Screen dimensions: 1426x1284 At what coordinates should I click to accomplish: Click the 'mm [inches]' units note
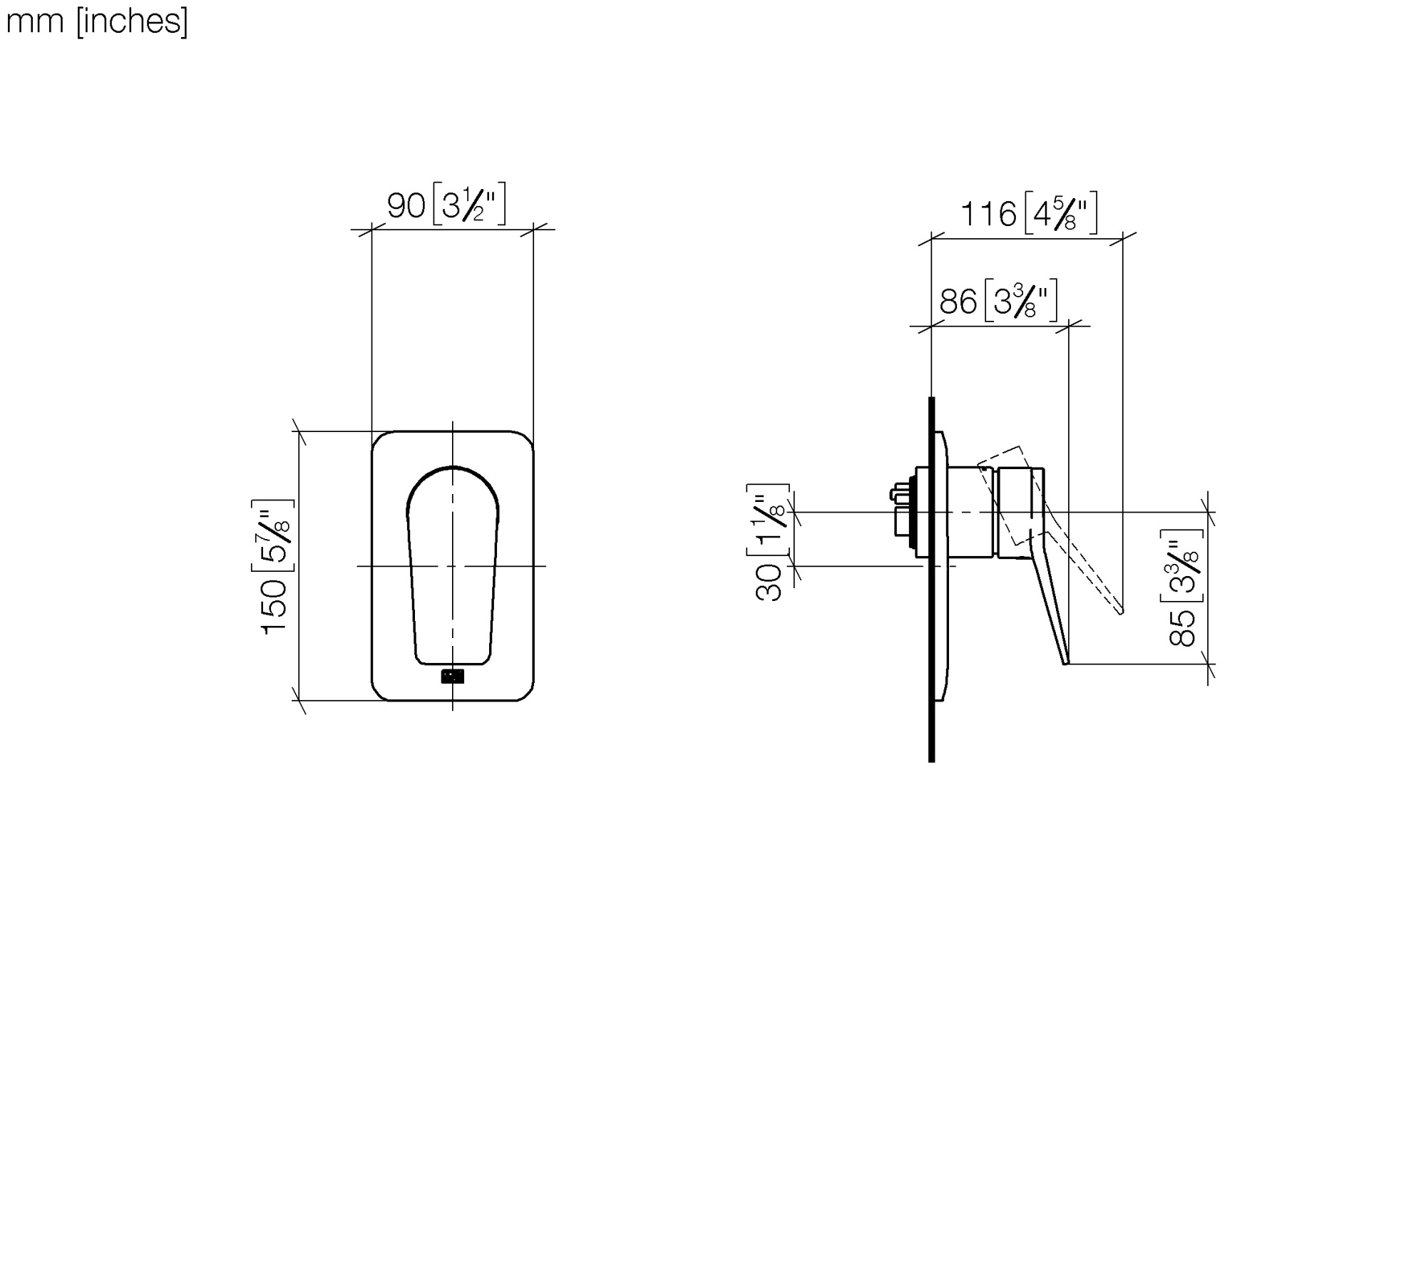[97, 22]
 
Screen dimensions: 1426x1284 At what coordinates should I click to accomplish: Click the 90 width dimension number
[406, 206]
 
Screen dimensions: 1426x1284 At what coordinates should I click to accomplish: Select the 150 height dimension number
[274, 606]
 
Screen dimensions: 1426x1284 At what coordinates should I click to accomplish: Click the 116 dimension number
[988, 214]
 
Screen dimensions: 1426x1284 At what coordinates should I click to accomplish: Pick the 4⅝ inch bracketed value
[1061, 213]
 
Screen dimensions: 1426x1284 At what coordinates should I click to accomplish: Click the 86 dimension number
[958, 302]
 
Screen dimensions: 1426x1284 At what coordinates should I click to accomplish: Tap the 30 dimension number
[769, 582]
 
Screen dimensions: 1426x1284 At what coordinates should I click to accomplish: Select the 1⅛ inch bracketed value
[769, 521]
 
